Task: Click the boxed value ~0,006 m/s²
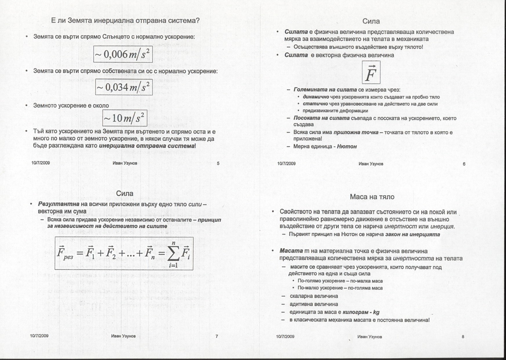(123, 54)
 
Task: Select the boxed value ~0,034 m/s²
(124, 87)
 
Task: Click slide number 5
(218, 163)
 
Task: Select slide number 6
(464, 164)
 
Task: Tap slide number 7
(217, 337)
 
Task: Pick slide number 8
(463, 337)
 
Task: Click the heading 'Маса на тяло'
(372, 197)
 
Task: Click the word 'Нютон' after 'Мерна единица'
(347, 146)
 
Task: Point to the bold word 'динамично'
(316, 97)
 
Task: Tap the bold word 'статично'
(315, 104)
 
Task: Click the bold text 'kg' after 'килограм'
(376, 312)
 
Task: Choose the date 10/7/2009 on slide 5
(41, 163)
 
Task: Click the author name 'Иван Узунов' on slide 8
(369, 337)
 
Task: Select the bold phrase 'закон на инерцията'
(412, 234)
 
